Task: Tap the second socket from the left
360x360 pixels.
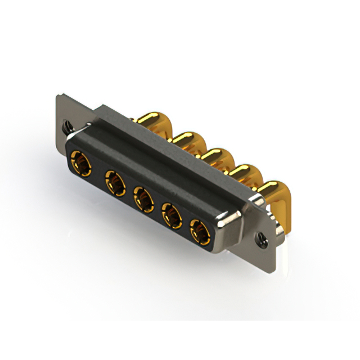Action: (x=114, y=182)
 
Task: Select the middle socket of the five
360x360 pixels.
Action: (x=143, y=199)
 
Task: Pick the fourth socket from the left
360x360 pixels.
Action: (x=172, y=214)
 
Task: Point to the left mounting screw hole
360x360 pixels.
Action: (x=68, y=126)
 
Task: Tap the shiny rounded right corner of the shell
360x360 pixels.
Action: (x=232, y=220)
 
